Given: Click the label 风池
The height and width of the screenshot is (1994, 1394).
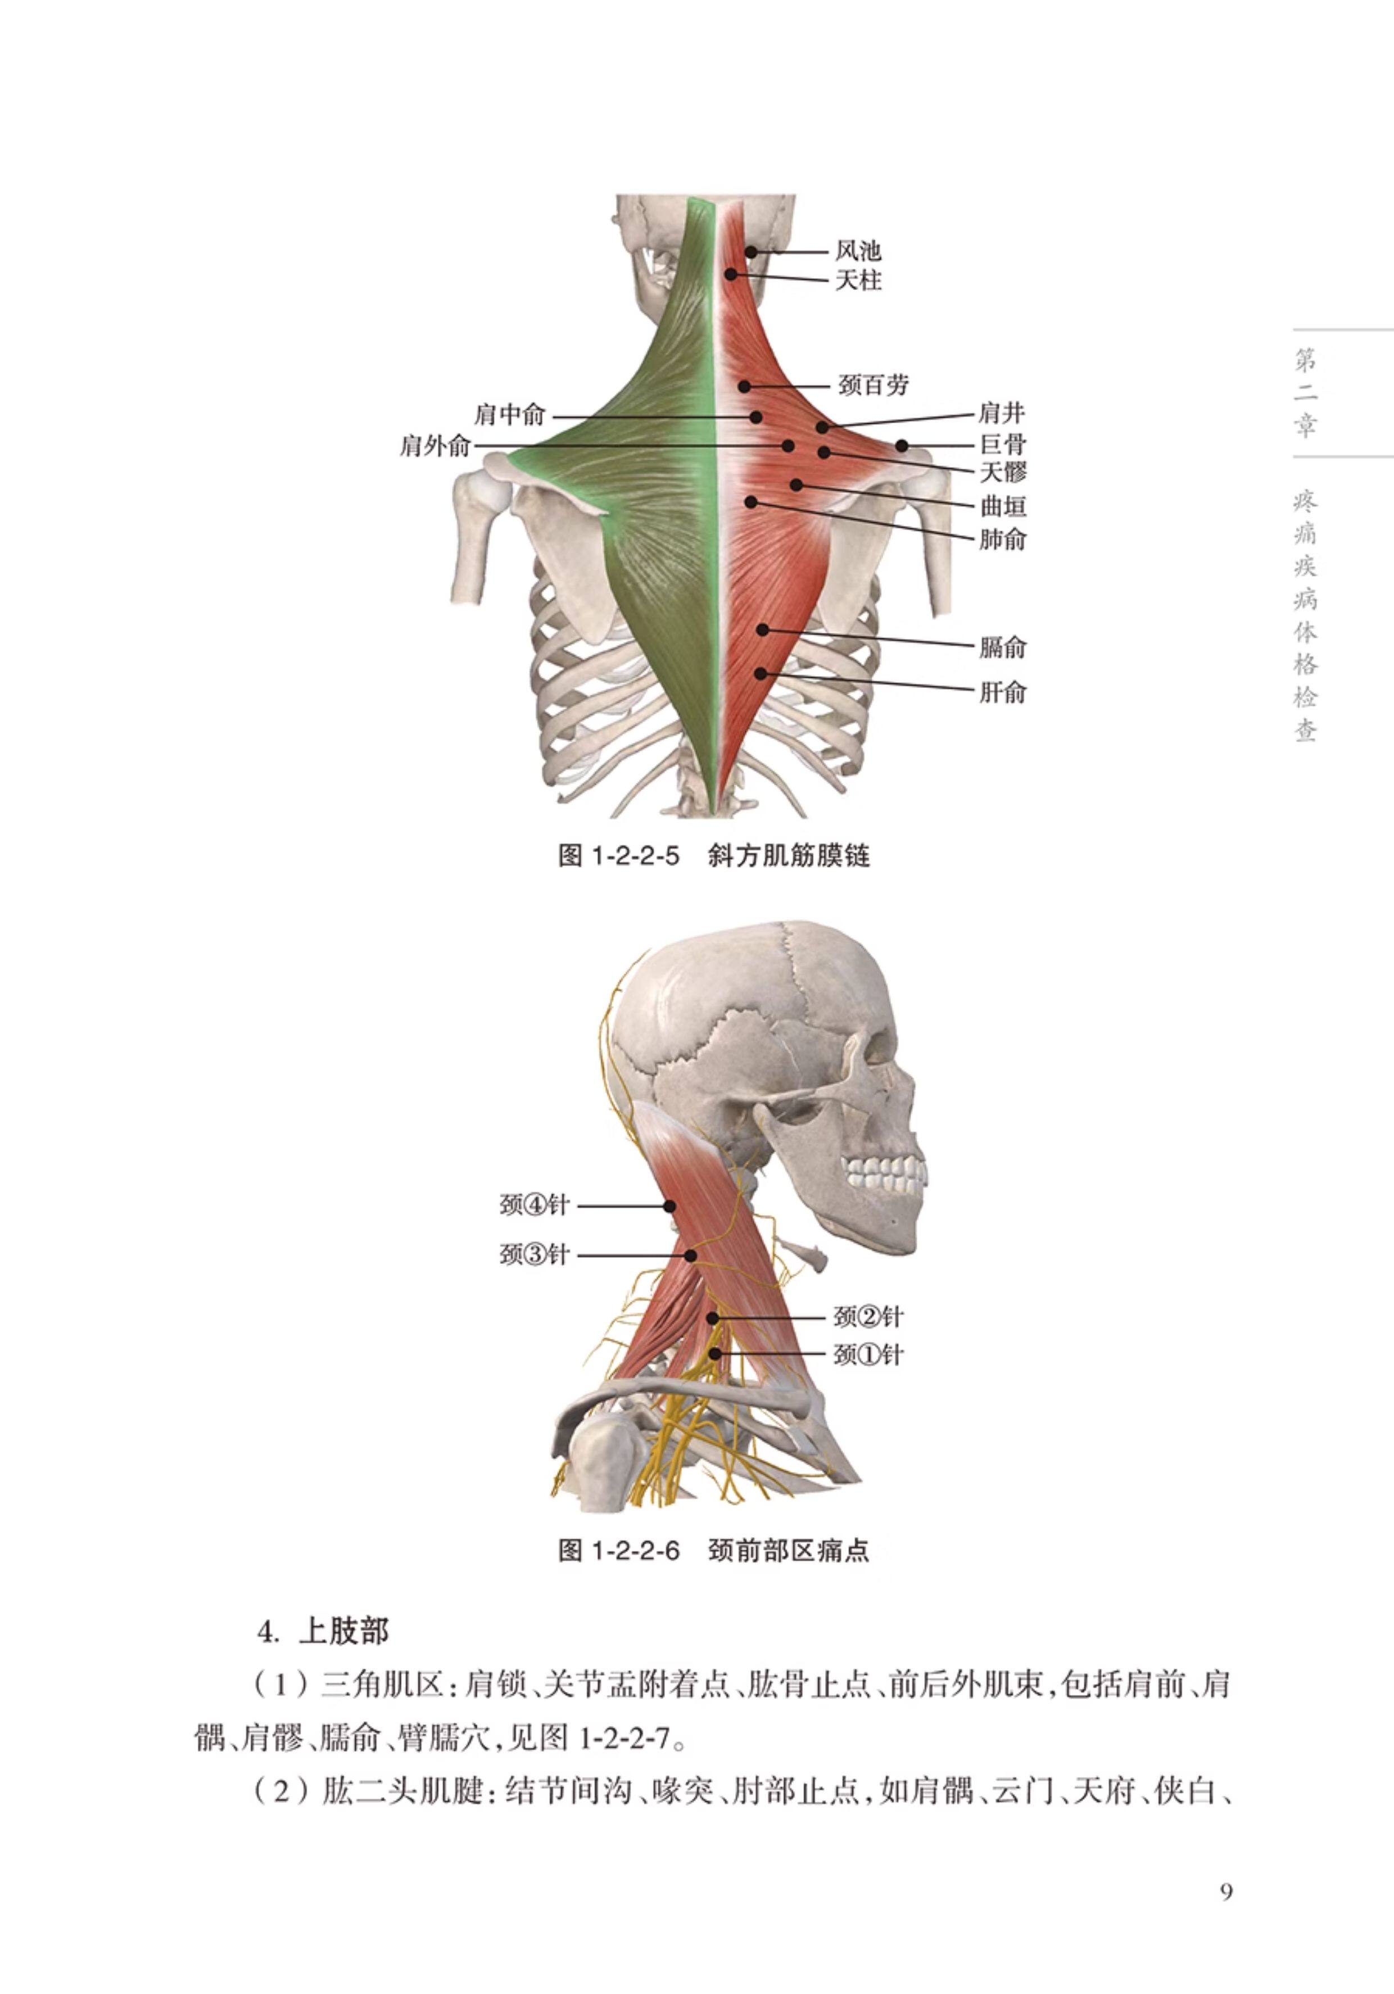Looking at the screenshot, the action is click(x=858, y=252).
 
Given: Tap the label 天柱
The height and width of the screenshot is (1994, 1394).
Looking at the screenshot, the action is click(x=858, y=280).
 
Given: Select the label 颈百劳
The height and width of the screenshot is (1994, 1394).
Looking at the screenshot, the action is click(x=873, y=385).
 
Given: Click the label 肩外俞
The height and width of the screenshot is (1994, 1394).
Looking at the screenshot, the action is click(x=435, y=446).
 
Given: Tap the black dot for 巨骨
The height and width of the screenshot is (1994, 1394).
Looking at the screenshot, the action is click(x=902, y=446).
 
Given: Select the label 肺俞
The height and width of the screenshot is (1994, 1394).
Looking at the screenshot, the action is click(x=1003, y=540).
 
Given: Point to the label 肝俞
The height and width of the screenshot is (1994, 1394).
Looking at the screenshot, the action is click(x=1003, y=692).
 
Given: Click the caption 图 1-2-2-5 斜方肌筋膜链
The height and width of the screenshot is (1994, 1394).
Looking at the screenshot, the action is click(x=713, y=856).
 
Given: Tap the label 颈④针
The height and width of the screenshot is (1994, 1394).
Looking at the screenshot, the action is click(x=534, y=1206).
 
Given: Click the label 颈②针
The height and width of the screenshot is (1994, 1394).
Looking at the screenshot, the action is click(x=868, y=1317).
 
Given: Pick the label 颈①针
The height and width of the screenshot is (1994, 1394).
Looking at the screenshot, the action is click(x=868, y=1355).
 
